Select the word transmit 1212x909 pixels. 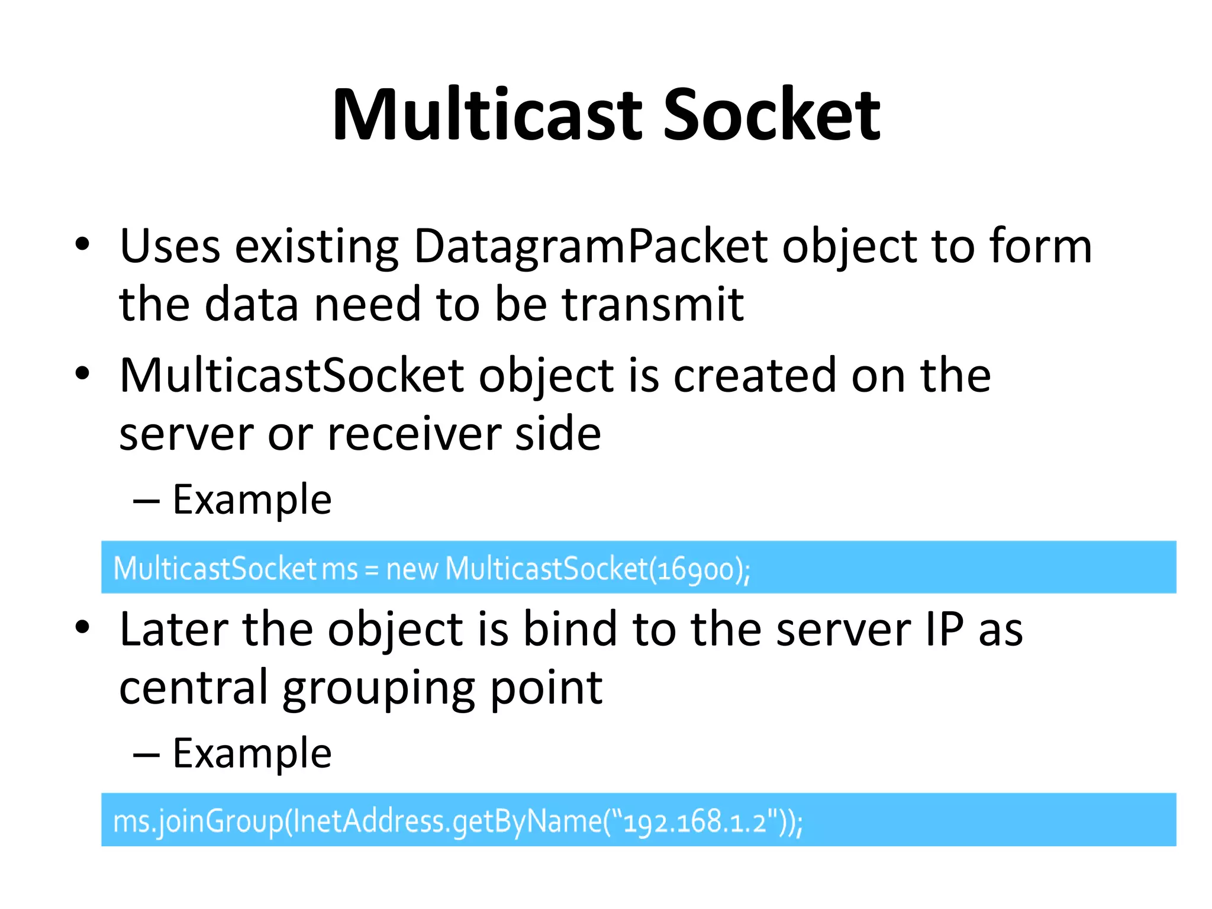(652, 304)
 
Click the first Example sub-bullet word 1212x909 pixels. (252, 501)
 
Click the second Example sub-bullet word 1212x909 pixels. (252, 754)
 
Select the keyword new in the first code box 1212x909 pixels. (411, 570)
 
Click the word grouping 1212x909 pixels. (379, 688)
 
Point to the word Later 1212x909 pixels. (174, 629)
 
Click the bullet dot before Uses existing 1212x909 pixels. (82, 244)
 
